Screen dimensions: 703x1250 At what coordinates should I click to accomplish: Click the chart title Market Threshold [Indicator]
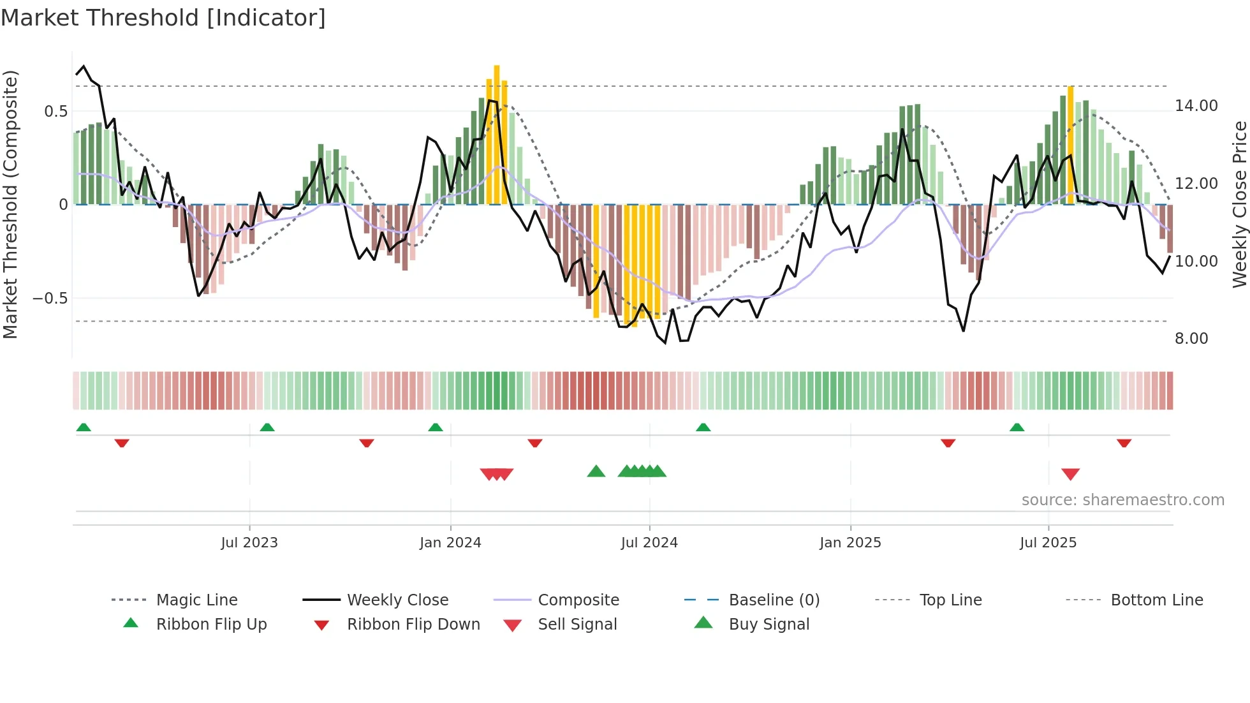(163, 18)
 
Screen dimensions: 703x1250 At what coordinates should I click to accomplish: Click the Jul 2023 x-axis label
(249, 543)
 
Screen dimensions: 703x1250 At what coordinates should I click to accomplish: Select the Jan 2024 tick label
(450, 543)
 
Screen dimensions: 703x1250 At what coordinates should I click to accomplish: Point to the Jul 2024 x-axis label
(649, 543)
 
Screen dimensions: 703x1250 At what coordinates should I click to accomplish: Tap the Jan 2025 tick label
(850, 543)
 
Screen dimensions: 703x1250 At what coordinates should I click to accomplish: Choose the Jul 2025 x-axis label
(1048, 543)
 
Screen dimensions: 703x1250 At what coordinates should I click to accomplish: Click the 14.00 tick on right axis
(1196, 106)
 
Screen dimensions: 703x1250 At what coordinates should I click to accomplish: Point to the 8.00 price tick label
(1191, 339)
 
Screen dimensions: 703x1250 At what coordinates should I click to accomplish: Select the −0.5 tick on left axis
(50, 299)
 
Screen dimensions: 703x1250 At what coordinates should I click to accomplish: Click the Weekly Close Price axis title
(1239, 204)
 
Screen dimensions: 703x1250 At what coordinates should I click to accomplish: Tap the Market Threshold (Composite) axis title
(10, 204)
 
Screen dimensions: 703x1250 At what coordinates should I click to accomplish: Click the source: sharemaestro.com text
(1122, 500)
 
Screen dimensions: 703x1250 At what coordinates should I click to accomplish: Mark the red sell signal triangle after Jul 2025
(1070, 474)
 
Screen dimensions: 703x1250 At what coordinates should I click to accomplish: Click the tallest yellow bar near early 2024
(497, 134)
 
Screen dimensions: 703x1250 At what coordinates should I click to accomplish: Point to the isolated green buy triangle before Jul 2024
(596, 471)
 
